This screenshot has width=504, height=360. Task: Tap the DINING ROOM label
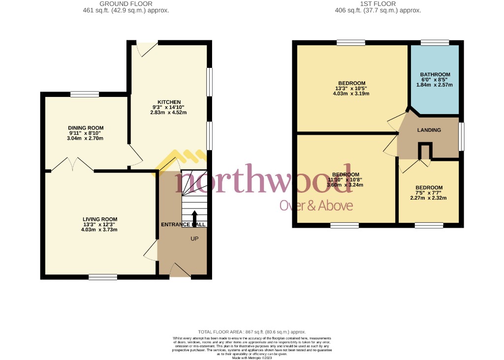pyautogui.click(x=86, y=128)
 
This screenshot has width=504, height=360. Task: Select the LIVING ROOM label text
pyautogui.click(x=99, y=219)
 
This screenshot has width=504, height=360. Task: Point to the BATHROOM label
pyautogui.click(x=435, y=75)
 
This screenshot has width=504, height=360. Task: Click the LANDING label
pyautogui.click(x=429, y=130)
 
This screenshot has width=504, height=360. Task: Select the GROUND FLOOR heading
pyautogui.click(x=126, y=3)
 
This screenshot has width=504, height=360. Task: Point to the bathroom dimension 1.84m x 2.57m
pyautogui.click(x=435, y=85)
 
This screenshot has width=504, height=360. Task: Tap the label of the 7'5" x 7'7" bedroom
pyautogui.click(x=429, y=187)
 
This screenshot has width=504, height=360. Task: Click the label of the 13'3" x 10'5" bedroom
pyautogui.click(x=352, y=83)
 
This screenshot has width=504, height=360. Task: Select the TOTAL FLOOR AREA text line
pyautogui.click(x=252, y=332)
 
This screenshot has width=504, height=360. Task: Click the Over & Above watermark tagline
pyautogui.click(x=316, y=206)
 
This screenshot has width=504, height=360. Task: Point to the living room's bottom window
pyautogui.click(x=103, y=277)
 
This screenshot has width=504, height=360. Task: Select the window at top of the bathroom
pyautogui.click(x=435, y=43)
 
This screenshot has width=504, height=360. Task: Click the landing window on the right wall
pyautogui.click(x=461, y=137)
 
